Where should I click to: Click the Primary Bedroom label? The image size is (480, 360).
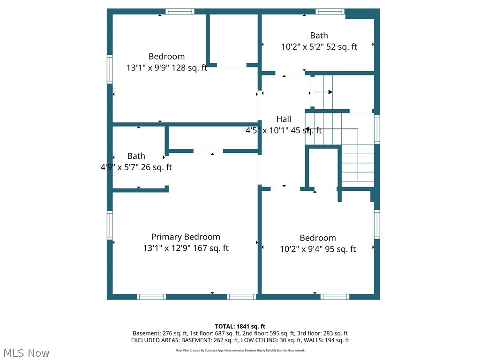coord(186,237)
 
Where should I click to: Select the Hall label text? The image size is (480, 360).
coord(284,119)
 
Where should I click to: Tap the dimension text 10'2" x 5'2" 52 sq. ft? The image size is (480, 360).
coord(319,47)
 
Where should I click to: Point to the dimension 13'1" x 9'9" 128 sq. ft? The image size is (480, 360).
coord(166,68)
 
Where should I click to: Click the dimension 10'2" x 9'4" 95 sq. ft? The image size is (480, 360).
coord(318,249)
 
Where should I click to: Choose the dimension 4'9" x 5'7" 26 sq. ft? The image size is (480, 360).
coord(136,167)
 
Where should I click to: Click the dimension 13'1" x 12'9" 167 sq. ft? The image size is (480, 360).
coord(186,248)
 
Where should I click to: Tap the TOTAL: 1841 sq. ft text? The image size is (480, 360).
coord(240,326)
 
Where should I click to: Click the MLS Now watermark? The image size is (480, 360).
coord(26,352)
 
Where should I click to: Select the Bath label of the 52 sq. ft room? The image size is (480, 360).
coord(319,35)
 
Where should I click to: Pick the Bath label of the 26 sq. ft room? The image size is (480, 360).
coord(136,156)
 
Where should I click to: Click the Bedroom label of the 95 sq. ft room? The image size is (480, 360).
coord(318,238)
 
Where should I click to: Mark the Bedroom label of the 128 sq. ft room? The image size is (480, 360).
coord(166,56)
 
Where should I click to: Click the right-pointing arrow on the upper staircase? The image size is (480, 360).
coord(323,92)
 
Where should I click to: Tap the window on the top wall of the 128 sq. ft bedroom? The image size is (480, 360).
coord(180,11)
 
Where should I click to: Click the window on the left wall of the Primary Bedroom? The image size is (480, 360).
coord(110,225)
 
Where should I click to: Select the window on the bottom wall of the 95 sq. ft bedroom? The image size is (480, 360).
coord(335,297)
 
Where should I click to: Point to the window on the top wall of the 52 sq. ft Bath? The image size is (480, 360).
coord(330,11)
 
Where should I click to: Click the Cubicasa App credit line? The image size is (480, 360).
coord(240,350)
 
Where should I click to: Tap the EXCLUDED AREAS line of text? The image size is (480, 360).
coord(240,340)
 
